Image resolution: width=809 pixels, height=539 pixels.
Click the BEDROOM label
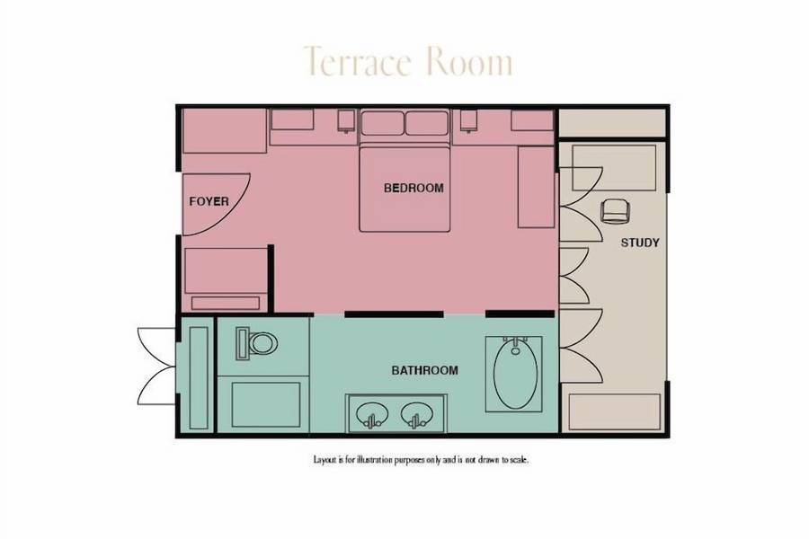(413, 188)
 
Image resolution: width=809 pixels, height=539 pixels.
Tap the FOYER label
(209, 201)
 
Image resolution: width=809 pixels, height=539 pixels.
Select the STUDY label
(640, 243)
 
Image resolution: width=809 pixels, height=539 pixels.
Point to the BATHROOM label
(424, 370)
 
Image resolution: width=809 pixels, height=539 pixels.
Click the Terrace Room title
(407, 61)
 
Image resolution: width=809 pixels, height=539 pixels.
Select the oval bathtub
(515, 374)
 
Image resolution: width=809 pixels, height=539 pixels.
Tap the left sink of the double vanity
(372, 414)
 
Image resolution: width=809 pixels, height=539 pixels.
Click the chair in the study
(616, 211)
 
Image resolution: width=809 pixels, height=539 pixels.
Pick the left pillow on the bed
(382, 123)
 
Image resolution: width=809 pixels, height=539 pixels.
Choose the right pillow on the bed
(427, 123)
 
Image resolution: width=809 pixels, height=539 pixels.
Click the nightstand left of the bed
(347, 121)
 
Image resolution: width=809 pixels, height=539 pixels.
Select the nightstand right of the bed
(469, 121)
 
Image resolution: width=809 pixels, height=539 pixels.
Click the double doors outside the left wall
(156, 367)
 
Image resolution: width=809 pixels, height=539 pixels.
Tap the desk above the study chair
(613, 168)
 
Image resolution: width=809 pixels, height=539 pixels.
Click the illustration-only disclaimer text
(421, 460)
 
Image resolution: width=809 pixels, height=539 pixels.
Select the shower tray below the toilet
(266, 404)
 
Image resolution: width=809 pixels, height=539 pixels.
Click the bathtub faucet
(516, 343)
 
